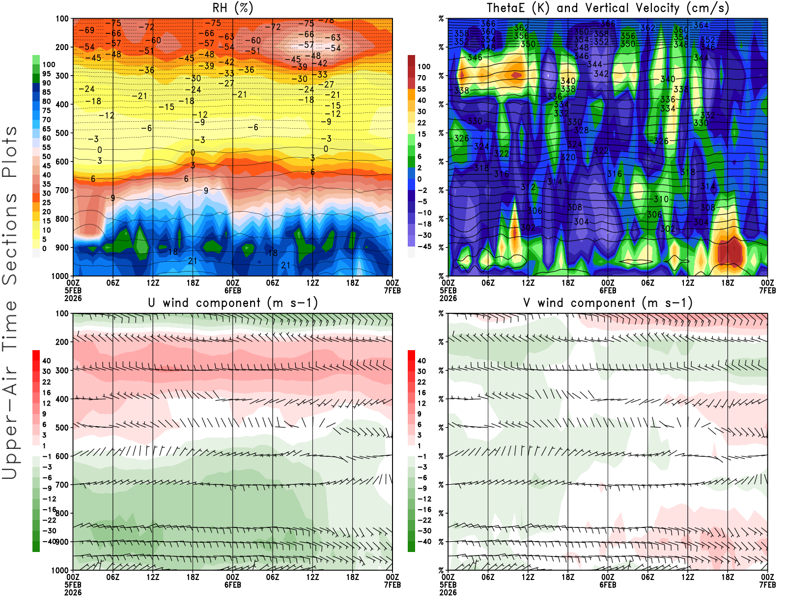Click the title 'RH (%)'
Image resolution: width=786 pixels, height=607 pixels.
(232, 8)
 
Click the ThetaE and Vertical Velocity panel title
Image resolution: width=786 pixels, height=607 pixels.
(608, 8)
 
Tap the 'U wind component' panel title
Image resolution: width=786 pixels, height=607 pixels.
(232, 303)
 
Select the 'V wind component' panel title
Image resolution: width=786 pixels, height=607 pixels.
(608, 303)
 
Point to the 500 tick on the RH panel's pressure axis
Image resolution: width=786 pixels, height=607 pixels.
(62, 133)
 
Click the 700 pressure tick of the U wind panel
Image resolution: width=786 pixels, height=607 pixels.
(62, 485)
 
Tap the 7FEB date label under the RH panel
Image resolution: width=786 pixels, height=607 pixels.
(393, 290)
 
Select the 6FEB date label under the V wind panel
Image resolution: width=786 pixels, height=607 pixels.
(608, 584)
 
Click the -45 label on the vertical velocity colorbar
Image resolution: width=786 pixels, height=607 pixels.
(424, 247)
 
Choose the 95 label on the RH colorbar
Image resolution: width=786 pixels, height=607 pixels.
(46, 74)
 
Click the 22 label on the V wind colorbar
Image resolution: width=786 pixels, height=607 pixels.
(421, 382)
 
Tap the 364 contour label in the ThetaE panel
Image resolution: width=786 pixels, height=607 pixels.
(701, 25)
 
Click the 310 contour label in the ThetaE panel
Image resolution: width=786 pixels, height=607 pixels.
(661, 199)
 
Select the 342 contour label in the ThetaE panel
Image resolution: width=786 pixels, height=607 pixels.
(601, 74)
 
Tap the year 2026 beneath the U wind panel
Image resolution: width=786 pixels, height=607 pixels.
(73, 592)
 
